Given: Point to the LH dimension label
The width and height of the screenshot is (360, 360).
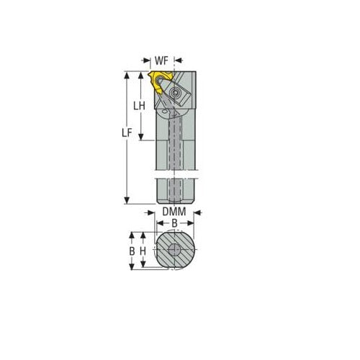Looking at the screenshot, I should (x=140, y=104).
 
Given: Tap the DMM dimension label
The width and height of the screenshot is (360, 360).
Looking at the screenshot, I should (x=173, y=212).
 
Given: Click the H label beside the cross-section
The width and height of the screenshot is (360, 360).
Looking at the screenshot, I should (x=143, y=251).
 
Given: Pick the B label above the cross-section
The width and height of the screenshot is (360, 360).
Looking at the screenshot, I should (x=173, y=224).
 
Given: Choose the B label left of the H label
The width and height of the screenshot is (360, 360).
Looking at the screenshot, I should (x=132, y=251).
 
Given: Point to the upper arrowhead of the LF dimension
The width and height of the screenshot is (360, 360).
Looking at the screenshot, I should (x=127, y=74).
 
